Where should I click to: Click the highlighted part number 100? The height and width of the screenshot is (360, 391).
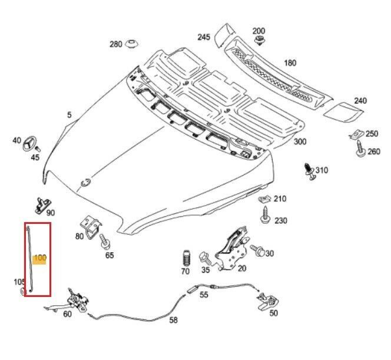(x=40, y=257)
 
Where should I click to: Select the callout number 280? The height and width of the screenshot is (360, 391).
(x=116, y=44)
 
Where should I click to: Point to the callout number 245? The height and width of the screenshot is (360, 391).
(x=204, y=37)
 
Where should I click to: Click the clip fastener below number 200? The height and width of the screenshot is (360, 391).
(x=259, y=41)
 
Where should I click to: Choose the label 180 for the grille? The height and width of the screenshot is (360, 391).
(x=290, y=63)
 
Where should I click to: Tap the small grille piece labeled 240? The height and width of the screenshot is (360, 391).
(x=338, y=111)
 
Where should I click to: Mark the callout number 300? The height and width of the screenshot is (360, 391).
(x=300, y=142)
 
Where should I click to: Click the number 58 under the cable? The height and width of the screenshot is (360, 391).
(x=173, y=321)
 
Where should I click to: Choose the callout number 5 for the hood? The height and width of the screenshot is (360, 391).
(x=69, y=115)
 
